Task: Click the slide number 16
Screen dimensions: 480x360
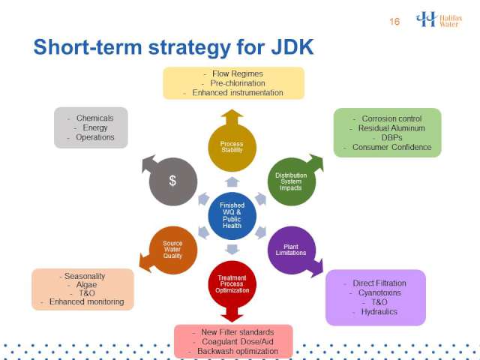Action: click(394, 22)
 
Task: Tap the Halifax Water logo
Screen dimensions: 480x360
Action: click(439, 19)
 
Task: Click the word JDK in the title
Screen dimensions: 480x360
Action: click(292, 47)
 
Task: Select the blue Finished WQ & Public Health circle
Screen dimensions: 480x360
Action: click(232, 215)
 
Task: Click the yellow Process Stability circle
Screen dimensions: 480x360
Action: click(232, 147)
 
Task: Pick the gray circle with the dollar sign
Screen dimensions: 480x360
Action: click(173, 181)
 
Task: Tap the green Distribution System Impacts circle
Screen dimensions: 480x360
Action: click(292, 181)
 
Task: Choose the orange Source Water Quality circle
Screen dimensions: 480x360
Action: click(173, 250)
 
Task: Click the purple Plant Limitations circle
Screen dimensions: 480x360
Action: click(292, 250)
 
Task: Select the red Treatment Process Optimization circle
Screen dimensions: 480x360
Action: click(232, 284)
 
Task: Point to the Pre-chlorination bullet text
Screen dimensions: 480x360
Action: click(238, 83)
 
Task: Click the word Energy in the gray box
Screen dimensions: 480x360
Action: click(95, 127)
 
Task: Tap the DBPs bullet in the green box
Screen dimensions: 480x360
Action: click(391, 138)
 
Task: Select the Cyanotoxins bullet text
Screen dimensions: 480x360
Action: click(379, 293)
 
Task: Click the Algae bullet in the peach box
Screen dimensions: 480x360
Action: click(87, 285)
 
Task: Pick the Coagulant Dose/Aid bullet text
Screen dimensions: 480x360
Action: click(238, 342)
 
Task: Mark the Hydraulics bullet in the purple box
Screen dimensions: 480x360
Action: click(379, 312)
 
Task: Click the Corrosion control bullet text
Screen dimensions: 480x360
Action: click(391, 118)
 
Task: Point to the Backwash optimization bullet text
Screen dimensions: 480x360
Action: click(238, 351)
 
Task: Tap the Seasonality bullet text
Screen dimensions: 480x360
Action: click(85, 276)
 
